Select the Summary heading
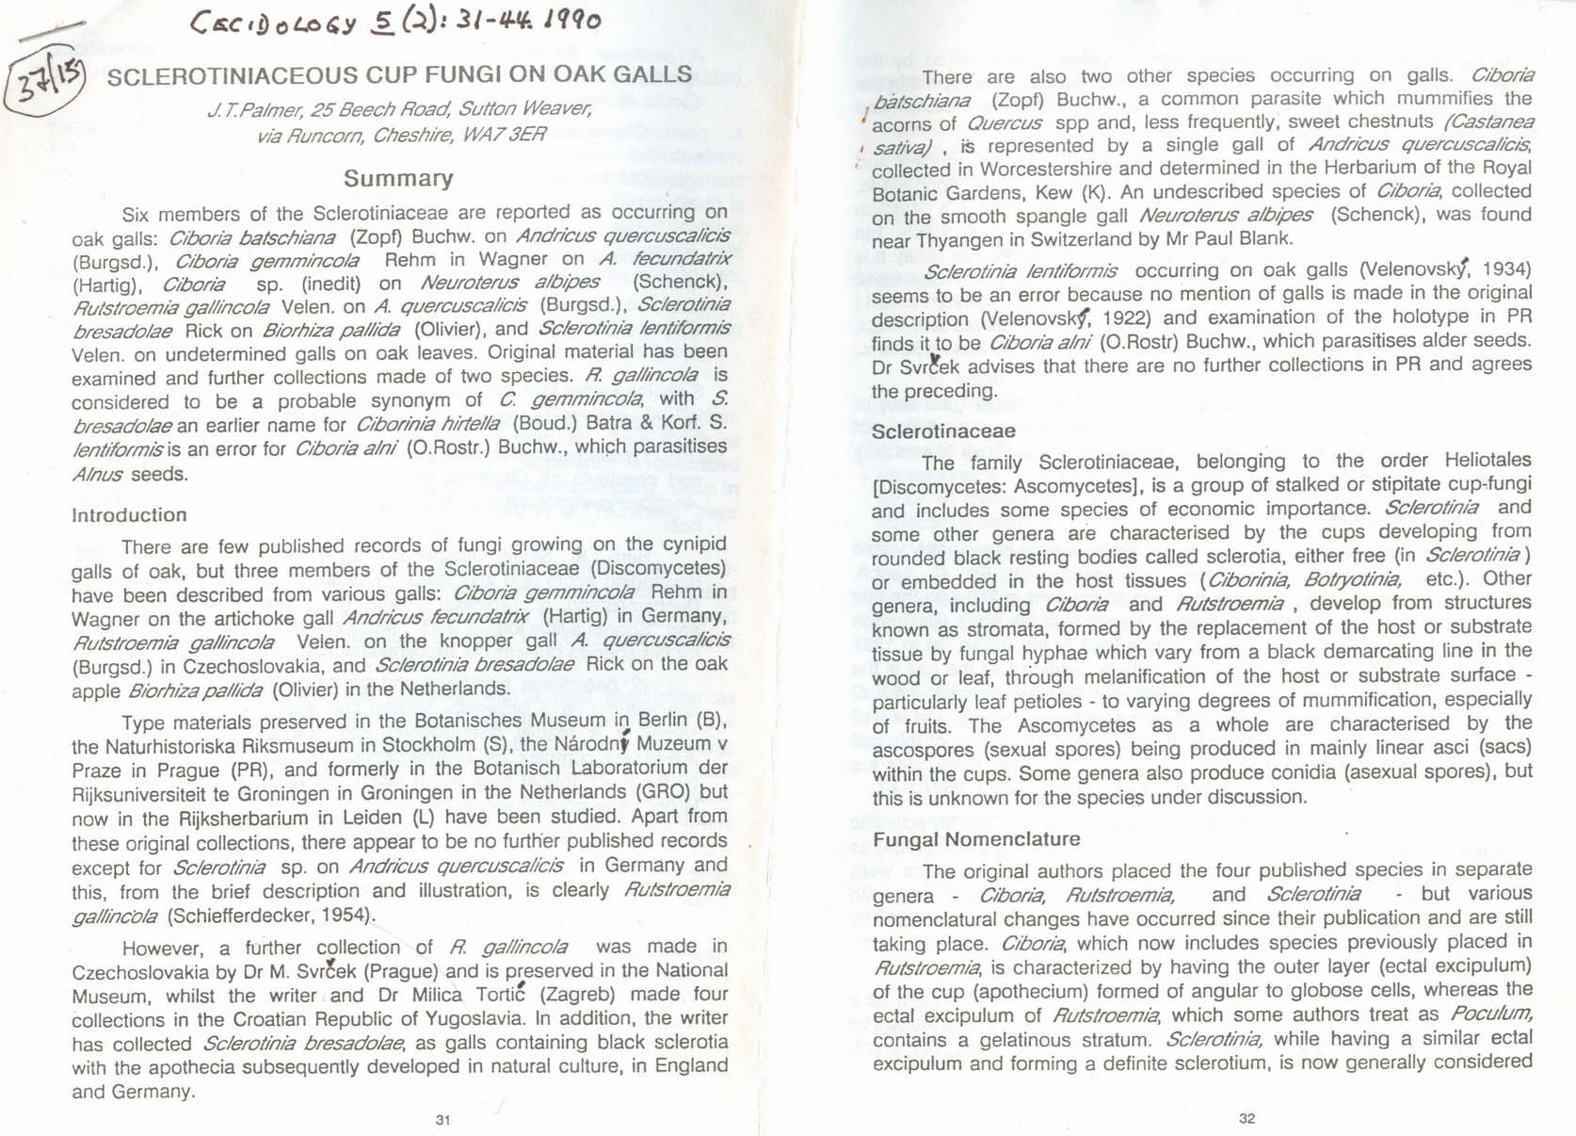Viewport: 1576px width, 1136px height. coord(398,178)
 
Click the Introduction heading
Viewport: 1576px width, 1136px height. coord(129,515)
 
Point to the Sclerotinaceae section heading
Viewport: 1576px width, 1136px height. coord(943,432)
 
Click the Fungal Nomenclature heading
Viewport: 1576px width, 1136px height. coord(976,839)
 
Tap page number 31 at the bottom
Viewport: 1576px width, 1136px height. coord(443,1120)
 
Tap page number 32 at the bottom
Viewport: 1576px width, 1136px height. coord(1246,1118)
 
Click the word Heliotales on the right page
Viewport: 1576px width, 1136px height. coord(1488,461)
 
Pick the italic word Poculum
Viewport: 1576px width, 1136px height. coord(1491,1014)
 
